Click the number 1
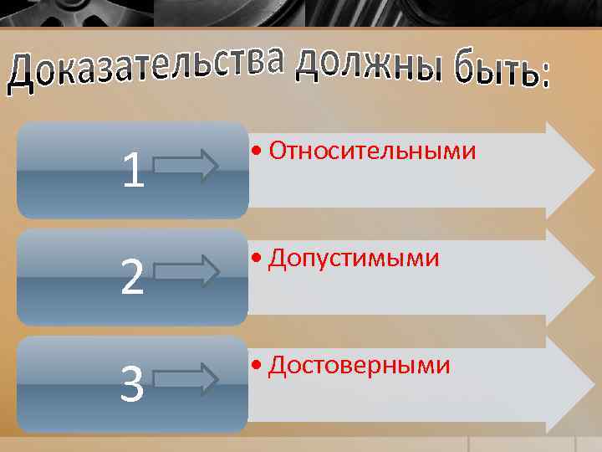(133, 171)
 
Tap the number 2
(131, 279)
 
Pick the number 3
(132, 385)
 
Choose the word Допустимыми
(354, 259)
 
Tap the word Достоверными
(360, 366)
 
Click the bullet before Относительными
(256, 152)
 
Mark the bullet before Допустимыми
(256, 260)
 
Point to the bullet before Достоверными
(256, 367)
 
